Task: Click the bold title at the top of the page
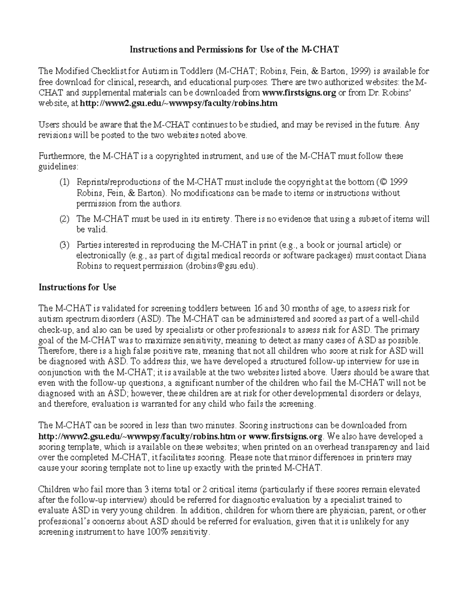pyautogui.click(x=234, y=50)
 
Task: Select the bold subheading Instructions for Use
pyautogui.click(x=77, y=287)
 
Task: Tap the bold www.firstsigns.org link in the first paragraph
pyautogui.click(x=299, y=93)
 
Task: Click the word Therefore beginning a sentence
pyautogui.click(x=56, y=351)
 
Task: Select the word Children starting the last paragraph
pyautogui.click(x=54, y=489)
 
